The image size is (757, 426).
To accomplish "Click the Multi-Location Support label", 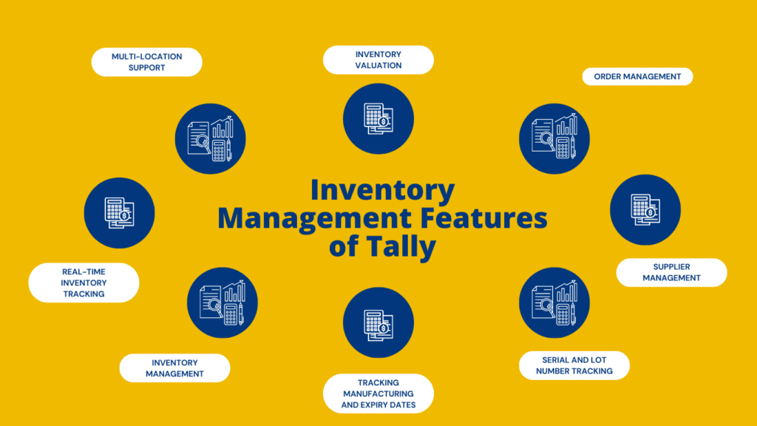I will pos(146,62).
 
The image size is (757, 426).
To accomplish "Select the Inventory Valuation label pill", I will pos(378,60).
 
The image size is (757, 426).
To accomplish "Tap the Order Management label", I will pos(637,76).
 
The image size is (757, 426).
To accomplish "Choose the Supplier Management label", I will pos(671,272).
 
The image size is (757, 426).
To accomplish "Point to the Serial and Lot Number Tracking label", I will pos(574,365).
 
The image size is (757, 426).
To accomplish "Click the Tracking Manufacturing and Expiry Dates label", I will pos(378,393).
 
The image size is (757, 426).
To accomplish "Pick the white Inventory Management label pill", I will pos(174,368).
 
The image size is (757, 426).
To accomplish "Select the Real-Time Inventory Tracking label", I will pos(84,283).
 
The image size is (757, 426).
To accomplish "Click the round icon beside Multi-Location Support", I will pos(211,138).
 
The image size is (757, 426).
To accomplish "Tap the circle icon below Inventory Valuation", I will pos(378,118).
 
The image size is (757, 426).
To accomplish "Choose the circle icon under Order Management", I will pos(554,138).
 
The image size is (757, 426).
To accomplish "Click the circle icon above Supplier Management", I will pos(645,210).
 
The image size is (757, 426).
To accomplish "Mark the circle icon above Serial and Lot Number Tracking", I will pos(554,302).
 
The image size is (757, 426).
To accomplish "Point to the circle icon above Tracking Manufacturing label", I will pos(378,322).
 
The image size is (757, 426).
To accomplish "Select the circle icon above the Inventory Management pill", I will pos(222,302).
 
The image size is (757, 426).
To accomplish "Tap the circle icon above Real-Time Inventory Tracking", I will pos(119,212).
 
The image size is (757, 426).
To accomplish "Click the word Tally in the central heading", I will pos(398,247).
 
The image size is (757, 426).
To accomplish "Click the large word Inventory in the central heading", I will pos(382,191).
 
